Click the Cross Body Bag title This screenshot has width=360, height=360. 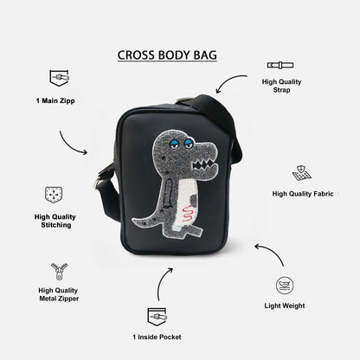[x=167, y=55]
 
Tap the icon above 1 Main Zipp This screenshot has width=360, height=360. [x=59, y=78]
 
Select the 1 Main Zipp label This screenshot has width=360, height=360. [x=55, y=100]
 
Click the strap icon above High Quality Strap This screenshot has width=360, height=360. [x=280, y=65]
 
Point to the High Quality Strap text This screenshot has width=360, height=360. [x=281, y=86]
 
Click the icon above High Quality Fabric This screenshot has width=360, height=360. [x=301, y=173]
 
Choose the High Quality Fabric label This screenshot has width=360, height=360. [x=303, y=194]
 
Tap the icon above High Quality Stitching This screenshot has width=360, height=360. [x=54, y=195]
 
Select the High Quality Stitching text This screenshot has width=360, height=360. [x=55, y=221]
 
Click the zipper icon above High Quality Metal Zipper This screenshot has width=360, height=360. [x=59, y=271]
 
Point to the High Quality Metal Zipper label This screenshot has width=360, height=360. [x=59, y=294]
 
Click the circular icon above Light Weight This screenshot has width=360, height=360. [x=285, y=286]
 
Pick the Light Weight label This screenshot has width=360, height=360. [x=285, y=305]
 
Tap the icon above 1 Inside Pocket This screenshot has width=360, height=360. [x=157, y=317]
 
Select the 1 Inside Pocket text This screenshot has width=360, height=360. [x=157, y=337]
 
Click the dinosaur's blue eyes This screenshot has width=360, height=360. [x=182, y=143]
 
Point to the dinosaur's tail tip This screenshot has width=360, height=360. [x=133, y=220]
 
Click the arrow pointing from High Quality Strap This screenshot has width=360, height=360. [x=228, y=80]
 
